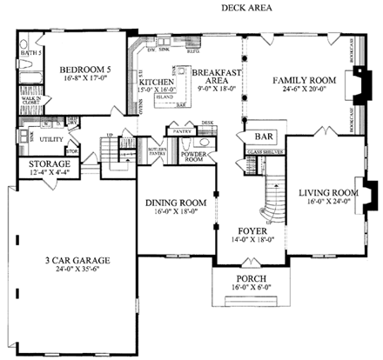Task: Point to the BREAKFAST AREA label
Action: click(x=210, y=74)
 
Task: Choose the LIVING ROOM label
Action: click(x=328, y=192)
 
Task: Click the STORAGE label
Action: click(x=50, y=163)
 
